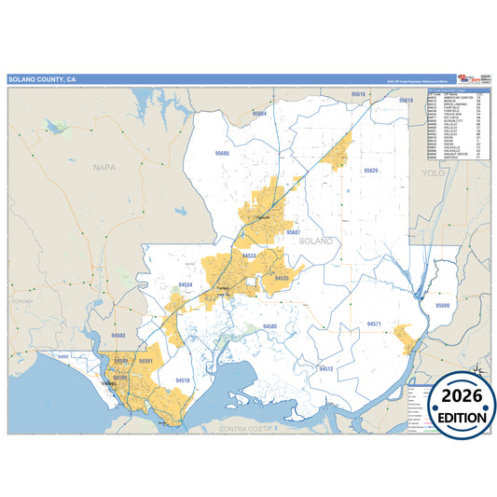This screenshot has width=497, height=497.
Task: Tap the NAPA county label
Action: [104, 168]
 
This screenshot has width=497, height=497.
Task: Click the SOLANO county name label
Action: [316, 241]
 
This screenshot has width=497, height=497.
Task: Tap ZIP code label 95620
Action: [371, 172]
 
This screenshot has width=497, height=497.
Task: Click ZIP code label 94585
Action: [269, 325]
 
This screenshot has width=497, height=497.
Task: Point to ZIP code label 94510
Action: [183, 380]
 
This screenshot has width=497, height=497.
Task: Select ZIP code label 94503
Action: [118, 334]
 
